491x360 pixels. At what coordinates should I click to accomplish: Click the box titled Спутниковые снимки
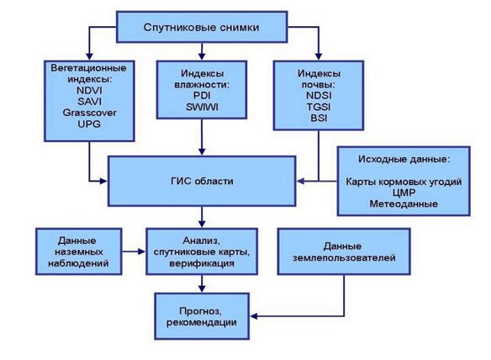pyautogui.click(x=202, y=27)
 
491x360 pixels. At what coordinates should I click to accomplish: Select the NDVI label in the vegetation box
pyautogui.click(x=89, y=91)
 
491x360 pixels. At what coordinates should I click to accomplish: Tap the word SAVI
pyautogui.click(x=89, y=102)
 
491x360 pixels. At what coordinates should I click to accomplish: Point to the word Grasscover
pyautogui.click(x=89, y=113)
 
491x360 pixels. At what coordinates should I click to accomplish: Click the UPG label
pyautogui.click(x=89, y=124)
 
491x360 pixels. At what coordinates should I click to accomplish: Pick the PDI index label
pyautogui.click(x=202, y=96)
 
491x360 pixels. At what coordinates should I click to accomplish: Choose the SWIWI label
pyautogui.click(x=202, y=107)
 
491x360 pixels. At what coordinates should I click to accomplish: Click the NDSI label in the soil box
pyautogui.click(x=319, y=96)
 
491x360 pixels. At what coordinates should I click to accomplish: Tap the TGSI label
pyautogui.click(x=319, y=107)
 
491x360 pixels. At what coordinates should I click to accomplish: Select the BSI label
pyautogui.click(x=319, y=119)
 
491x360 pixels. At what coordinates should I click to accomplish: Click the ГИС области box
pyautogui.click(x=202, y=181)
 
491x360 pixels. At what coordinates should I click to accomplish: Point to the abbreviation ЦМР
pyautogui.click(x=404, y=193)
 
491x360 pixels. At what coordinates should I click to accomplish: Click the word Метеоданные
pyautogui.click(x=404, y=204)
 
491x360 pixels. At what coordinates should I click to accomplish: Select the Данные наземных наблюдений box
pyautogui.click(x=78, y=251)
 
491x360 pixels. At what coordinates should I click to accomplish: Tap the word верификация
pyautogui.click(x=202, y=263)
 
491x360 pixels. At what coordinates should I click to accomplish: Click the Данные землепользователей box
pyautogui.click(x=344, y=251)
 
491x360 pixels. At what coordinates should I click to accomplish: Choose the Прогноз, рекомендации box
pyautogui.click(x=202, y=316)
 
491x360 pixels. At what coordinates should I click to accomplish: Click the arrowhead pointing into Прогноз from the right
pyautogui.click(x=254, y=316)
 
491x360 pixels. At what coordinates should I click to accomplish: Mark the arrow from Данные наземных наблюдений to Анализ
pyautogui.click(x=134, y=251)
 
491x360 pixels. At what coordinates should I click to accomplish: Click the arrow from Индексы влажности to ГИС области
pyautogui.click(x=202, y=137)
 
